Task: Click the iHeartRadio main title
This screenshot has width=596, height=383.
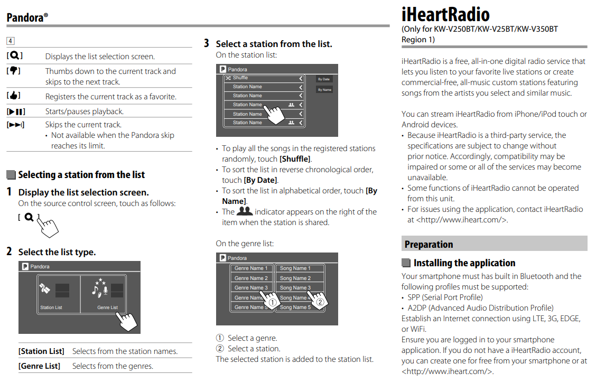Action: [445, 14]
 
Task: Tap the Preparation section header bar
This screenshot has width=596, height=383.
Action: [494, 244]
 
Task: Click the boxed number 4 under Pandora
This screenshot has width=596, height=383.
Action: [11, 41]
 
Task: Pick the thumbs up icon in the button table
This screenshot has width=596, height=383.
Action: [14, 96]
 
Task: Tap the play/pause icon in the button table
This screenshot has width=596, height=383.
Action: [16, 111]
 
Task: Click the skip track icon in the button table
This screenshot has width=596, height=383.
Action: [15, 125]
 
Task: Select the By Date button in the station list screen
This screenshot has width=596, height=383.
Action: [324, 79]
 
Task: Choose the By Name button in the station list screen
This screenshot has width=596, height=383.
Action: [324, 90]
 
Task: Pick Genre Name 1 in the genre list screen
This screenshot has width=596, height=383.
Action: [252, 268]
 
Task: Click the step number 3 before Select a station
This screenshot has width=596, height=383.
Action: [207, 43]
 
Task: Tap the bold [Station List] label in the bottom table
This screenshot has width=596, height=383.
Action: [42, 351]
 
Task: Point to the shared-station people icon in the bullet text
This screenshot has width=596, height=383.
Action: [245, 211]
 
